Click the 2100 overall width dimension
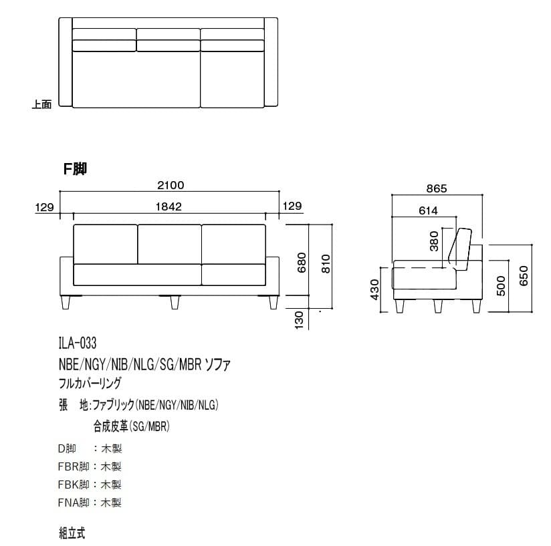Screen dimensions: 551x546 point(171,185)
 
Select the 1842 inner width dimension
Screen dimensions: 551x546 point(169,207)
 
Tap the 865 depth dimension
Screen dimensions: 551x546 point(437,188)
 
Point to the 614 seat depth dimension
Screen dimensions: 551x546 point(429,211)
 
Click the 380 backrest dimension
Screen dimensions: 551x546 point(435,241)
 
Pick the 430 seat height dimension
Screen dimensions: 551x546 point(375,289)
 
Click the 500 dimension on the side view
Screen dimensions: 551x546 point(501,285)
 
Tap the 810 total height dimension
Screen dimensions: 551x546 point(326,264)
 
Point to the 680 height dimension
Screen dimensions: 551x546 point(302,263)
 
